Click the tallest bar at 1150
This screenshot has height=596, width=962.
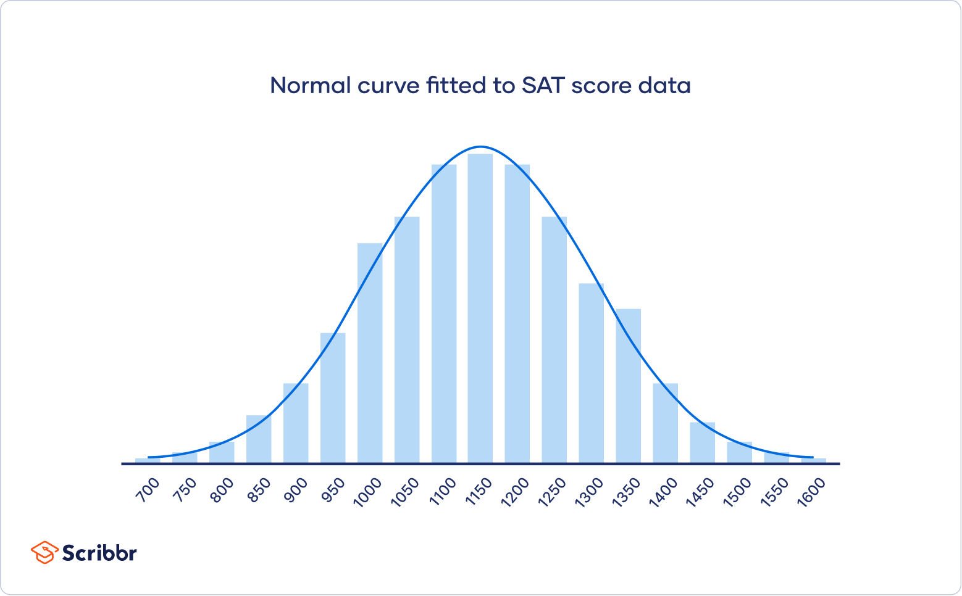point(480,308)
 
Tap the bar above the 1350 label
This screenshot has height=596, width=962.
point(629,386)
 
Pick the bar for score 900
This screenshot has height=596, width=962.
point(296,423)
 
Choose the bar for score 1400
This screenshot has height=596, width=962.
point(666,423)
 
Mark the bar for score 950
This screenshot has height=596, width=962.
point(333,398)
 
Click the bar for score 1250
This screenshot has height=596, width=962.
point(554,339)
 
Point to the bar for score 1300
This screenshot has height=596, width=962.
point(592,373)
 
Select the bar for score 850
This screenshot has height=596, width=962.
point(259,439)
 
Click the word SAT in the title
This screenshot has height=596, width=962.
point(543,85)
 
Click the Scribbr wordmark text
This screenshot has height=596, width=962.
point(99,553)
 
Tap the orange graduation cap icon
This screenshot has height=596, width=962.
point(44,552)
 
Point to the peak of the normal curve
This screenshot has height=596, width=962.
point(480,147)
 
